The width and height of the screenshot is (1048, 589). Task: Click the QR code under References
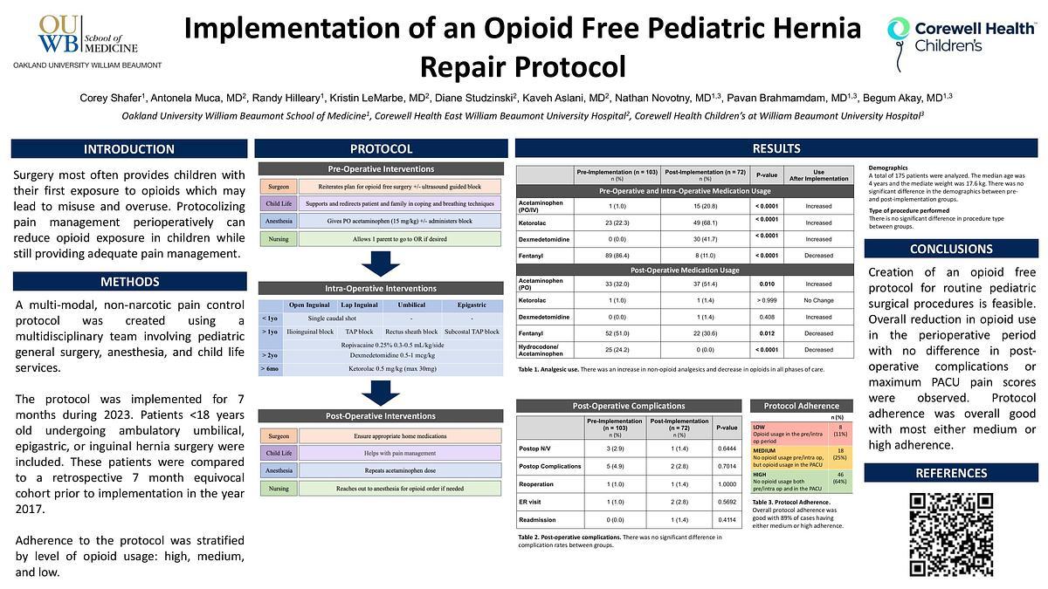[951, 534]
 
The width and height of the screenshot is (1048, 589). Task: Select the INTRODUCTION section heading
[128, 149]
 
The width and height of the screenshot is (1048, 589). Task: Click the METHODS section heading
[128, 282]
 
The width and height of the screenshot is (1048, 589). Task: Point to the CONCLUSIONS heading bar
[951, 249]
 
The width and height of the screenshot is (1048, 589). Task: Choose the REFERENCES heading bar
[951, 473]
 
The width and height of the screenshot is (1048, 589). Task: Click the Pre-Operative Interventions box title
[381, 168]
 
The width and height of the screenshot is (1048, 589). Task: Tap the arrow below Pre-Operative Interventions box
[381, 263]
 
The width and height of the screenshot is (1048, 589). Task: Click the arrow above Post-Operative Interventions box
[381, 392]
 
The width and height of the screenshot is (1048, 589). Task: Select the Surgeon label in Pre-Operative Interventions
[278, 186]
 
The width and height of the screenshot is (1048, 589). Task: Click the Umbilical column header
[411, 305]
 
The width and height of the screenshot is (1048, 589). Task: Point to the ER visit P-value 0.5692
[726, 502]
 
